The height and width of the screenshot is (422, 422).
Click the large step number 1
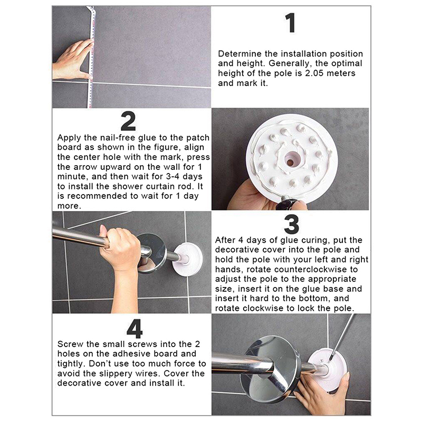coord(291,23)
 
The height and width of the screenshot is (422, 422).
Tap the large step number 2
coord(128,121)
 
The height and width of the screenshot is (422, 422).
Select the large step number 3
coord(292,224)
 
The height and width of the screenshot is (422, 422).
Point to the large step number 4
coord(135,329)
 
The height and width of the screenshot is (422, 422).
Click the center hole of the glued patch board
coord(291,161)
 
